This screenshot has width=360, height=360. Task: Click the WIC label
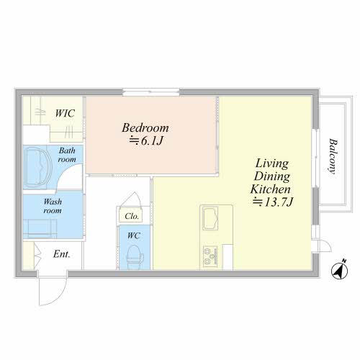tap(65, 113)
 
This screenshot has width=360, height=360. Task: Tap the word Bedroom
tap(145, 127)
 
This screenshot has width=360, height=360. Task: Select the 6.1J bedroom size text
tap(152, 141)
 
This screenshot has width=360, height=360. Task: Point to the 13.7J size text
tap(279, 202)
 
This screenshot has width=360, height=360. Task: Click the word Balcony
tap(333, 156)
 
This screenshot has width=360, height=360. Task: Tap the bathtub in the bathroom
tap(38, 167)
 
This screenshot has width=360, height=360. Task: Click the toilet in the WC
tap(134, 256)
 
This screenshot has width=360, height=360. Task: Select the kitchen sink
tap(210, 218)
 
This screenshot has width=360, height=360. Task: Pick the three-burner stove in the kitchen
tap(210, 257)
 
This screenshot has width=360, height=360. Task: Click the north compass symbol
tap(340, 271)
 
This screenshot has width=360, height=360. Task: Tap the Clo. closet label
tap(132, 216)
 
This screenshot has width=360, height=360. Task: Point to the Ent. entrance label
tap(62, 254)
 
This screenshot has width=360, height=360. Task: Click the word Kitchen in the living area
tap(270, 189)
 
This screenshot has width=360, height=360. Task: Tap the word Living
tap(271, 164)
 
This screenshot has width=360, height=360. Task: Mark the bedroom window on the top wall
tap(151, 92)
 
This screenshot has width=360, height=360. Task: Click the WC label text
tap(134, 235)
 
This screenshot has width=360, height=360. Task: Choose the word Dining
tap(272, 176)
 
